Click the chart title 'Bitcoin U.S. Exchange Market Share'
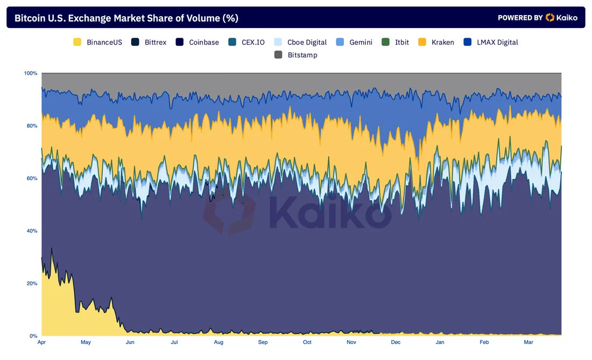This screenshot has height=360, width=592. (126, 18)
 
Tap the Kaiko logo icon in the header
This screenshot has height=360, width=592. (549, 18)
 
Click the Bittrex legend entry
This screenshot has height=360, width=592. (149, 42)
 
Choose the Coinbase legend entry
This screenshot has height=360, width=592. (198, 42)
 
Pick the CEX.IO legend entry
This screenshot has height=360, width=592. (246, 42)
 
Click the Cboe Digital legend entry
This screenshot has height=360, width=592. (300, 42)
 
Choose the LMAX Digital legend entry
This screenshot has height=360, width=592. (491, 42)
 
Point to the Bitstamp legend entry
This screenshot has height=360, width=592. (296, 55)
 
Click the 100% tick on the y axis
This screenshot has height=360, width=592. (31, 73)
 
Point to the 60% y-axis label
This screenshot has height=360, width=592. (32, 178)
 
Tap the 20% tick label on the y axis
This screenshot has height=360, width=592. (32, 284)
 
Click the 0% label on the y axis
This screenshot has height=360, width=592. (33, 336)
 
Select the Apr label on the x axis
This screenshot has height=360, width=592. (42, 342)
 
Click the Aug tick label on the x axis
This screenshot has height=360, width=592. (219, 342)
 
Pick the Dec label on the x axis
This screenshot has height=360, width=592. (396, 342)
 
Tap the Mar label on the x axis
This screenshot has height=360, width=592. (528, 342)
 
